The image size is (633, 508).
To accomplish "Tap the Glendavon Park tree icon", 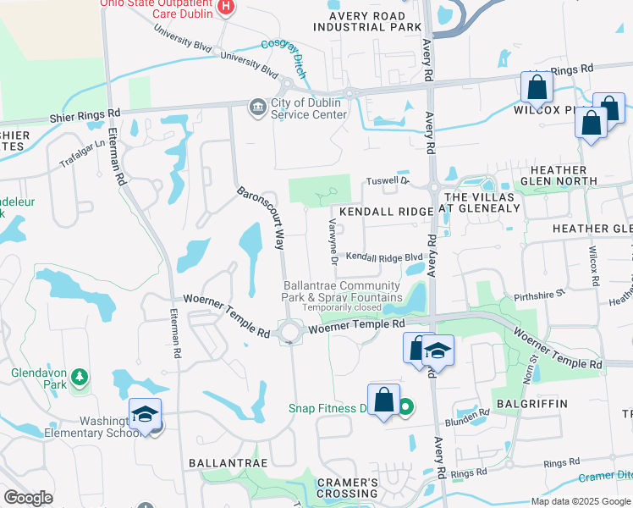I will coord(80,375).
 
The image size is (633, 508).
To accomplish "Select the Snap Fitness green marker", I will coord(405,408).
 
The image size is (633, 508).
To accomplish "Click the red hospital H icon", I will coord(225,8).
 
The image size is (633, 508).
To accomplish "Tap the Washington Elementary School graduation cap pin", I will coord(146,415).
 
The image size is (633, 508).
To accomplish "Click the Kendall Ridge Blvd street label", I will coord(384,257).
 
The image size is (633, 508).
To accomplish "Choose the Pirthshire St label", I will coord(539,296).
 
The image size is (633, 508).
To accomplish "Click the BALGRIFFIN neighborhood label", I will coord(531,404).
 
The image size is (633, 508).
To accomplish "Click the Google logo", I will coord(28,498).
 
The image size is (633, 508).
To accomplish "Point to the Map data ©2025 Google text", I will coord(581,501).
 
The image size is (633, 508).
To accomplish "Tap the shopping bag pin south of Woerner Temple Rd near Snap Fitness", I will coord(383,400).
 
